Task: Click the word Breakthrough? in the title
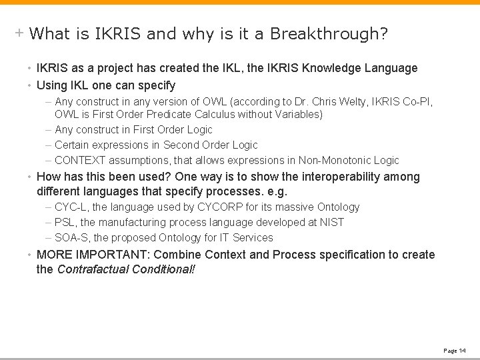point(329,33)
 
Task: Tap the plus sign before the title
point(20,32)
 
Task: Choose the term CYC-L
point(70,207)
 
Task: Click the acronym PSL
point(65,223)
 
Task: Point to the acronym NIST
point(331,223)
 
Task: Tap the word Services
point(253,237)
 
